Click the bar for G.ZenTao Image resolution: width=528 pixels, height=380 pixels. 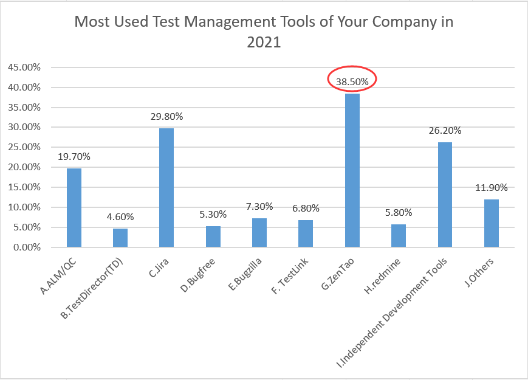(352, 170)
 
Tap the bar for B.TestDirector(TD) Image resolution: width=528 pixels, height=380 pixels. (120, 238)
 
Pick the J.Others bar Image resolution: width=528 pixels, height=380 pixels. (492, 223)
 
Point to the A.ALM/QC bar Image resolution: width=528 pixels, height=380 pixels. (74, 207)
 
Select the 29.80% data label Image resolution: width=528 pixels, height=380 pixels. (166, 116)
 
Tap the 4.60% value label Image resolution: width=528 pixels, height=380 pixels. (120, 217)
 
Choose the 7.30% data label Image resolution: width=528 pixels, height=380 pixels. (259, 206)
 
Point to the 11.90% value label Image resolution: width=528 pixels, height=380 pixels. (492, 187)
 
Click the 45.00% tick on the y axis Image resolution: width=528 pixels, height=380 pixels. (24, 67)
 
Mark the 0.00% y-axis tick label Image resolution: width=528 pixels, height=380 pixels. (26, 247)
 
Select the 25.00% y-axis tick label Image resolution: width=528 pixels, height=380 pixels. (24, 148)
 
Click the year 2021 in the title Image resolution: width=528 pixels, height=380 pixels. (264, 43)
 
